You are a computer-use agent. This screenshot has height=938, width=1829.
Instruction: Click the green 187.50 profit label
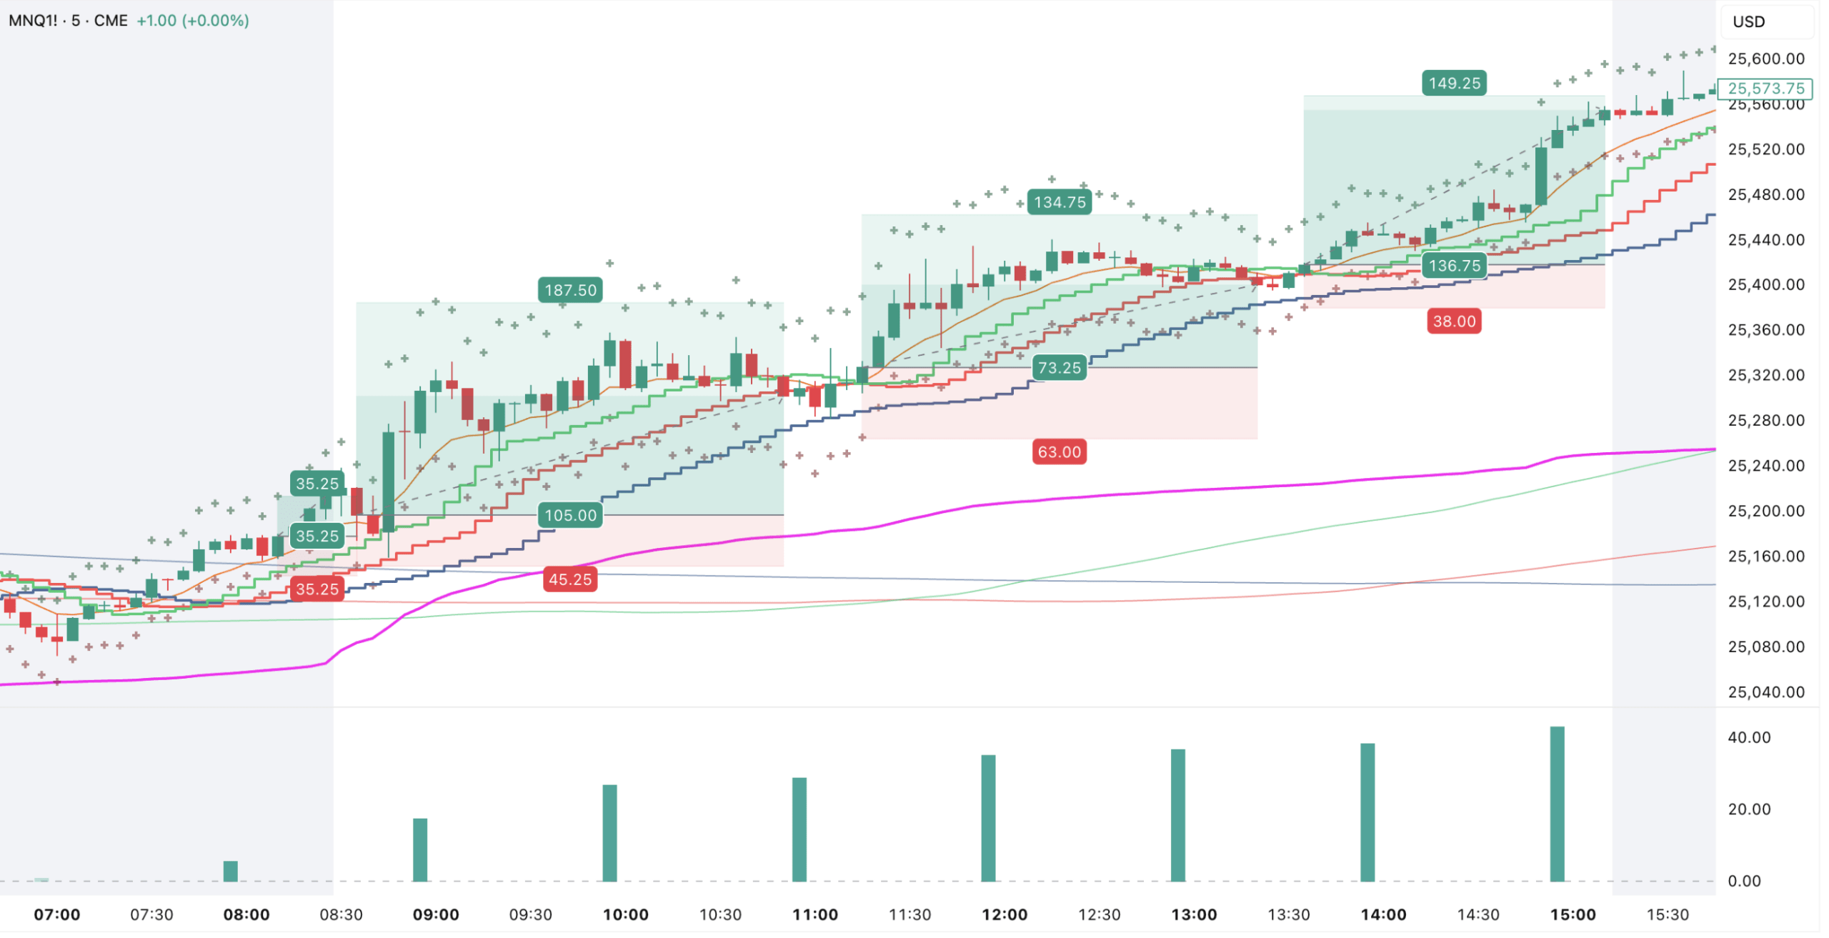click(x=570, y=290)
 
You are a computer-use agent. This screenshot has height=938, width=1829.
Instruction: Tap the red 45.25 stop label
click(x=570, y=579)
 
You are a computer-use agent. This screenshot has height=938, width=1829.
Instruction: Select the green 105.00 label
click(x=570, y=515)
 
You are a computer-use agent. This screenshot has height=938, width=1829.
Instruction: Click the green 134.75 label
click(x=1060, y=202)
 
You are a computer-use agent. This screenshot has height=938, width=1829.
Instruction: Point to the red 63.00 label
click(x=1059, y=451)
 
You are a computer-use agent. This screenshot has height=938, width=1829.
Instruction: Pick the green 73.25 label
click(x=1059, y=368)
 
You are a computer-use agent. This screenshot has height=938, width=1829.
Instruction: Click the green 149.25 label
click(x=1454, y=83)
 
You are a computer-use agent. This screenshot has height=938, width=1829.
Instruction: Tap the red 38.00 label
click(x=1454, y=321)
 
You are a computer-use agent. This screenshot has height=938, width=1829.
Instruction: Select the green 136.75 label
click(x=1454, y=266)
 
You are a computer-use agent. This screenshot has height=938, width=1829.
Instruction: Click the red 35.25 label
click(x=317, y=589)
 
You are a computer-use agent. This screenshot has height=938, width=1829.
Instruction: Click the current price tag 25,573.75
click(x=1765, y=89)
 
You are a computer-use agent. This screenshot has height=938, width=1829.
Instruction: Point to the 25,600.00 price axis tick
click(x=1765, y=59)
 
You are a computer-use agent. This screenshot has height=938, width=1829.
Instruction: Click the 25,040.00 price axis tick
click(x=1765, y=692)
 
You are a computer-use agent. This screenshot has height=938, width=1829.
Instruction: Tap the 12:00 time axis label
click(x=1004, y=914)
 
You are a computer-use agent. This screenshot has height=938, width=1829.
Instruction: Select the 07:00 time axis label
click(x=57, y=914)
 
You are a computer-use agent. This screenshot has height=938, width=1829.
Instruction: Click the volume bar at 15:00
click(x=1557, y=804)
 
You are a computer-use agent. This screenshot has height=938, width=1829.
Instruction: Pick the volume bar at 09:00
click(x=420, y=849)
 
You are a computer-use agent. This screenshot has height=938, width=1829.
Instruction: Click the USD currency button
click(x=1748, y=21)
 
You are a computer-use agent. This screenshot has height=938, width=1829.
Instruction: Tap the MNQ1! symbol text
click(x=33, y=20)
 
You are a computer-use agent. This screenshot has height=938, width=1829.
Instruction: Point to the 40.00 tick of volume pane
click(x=1748, y=737)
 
